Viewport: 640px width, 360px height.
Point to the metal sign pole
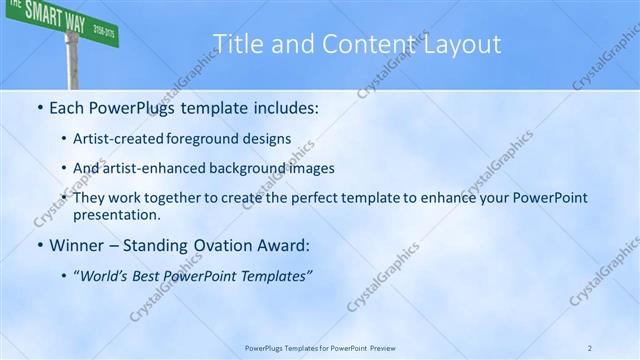tap(72, 62)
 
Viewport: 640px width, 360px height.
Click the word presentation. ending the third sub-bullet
tap(117, 214)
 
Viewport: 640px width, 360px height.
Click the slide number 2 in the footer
tap(590, 347)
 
